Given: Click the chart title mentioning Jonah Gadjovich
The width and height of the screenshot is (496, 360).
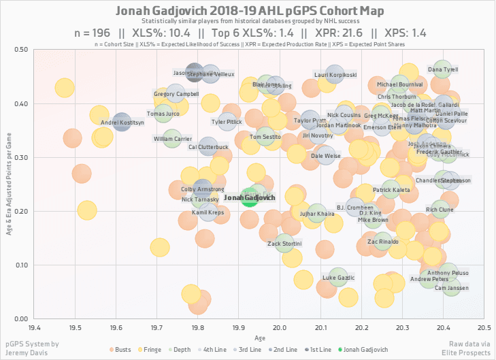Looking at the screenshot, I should coord(250,12).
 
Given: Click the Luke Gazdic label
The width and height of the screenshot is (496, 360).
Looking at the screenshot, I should coord(338,278).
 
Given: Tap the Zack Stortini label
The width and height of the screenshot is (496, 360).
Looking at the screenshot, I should coord(284,243).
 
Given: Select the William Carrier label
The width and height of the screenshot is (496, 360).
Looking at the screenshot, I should coord(173,139).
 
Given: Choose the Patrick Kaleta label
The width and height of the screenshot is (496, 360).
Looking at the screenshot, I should coord(391,190).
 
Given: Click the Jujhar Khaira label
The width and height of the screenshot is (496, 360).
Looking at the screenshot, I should coord(316,213).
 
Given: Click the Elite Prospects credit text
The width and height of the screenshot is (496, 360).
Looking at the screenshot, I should coord(469,354).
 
